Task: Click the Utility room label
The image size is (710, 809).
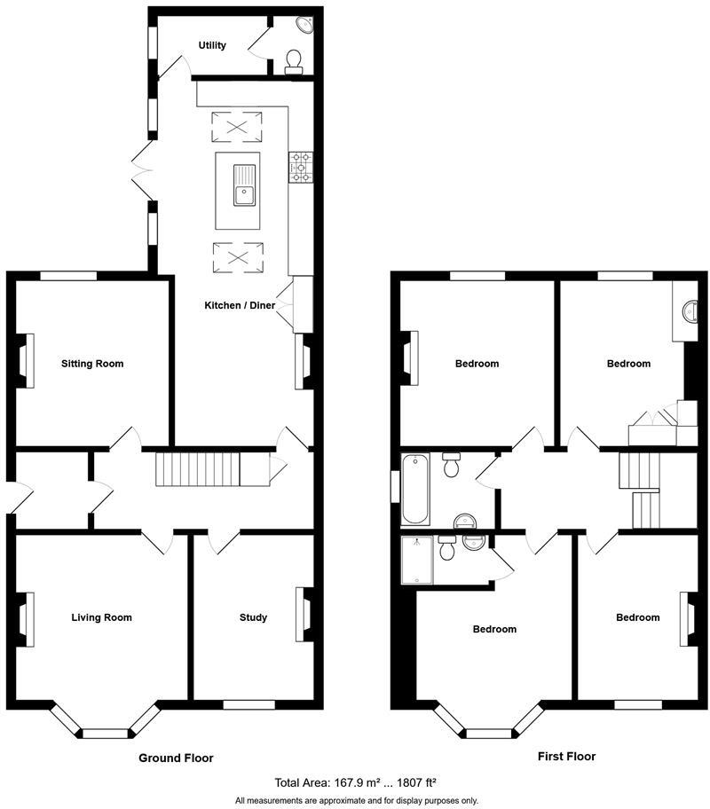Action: [x=212, y=45]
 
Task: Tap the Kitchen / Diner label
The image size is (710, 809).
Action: [x=240, y=305]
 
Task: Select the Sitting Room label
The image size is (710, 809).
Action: [x=92, y=364]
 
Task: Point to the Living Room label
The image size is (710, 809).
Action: [x=102, y=617]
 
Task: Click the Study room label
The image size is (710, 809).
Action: [x=253, y=617]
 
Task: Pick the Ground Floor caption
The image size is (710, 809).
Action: [x=176, y=758]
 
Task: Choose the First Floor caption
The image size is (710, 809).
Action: [x=566, y=757]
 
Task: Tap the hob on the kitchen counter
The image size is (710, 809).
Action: [x=299, y=166]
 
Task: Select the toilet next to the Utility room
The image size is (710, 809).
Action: [x=295, y=60]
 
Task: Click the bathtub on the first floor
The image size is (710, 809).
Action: [x=414, y=489]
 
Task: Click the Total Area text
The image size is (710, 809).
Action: [x=355, y=782]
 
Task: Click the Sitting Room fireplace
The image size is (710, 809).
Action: [x=27, y=361]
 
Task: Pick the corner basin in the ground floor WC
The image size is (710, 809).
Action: [x=306, y=26]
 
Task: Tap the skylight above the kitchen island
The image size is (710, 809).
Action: [x=237, y=127]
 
